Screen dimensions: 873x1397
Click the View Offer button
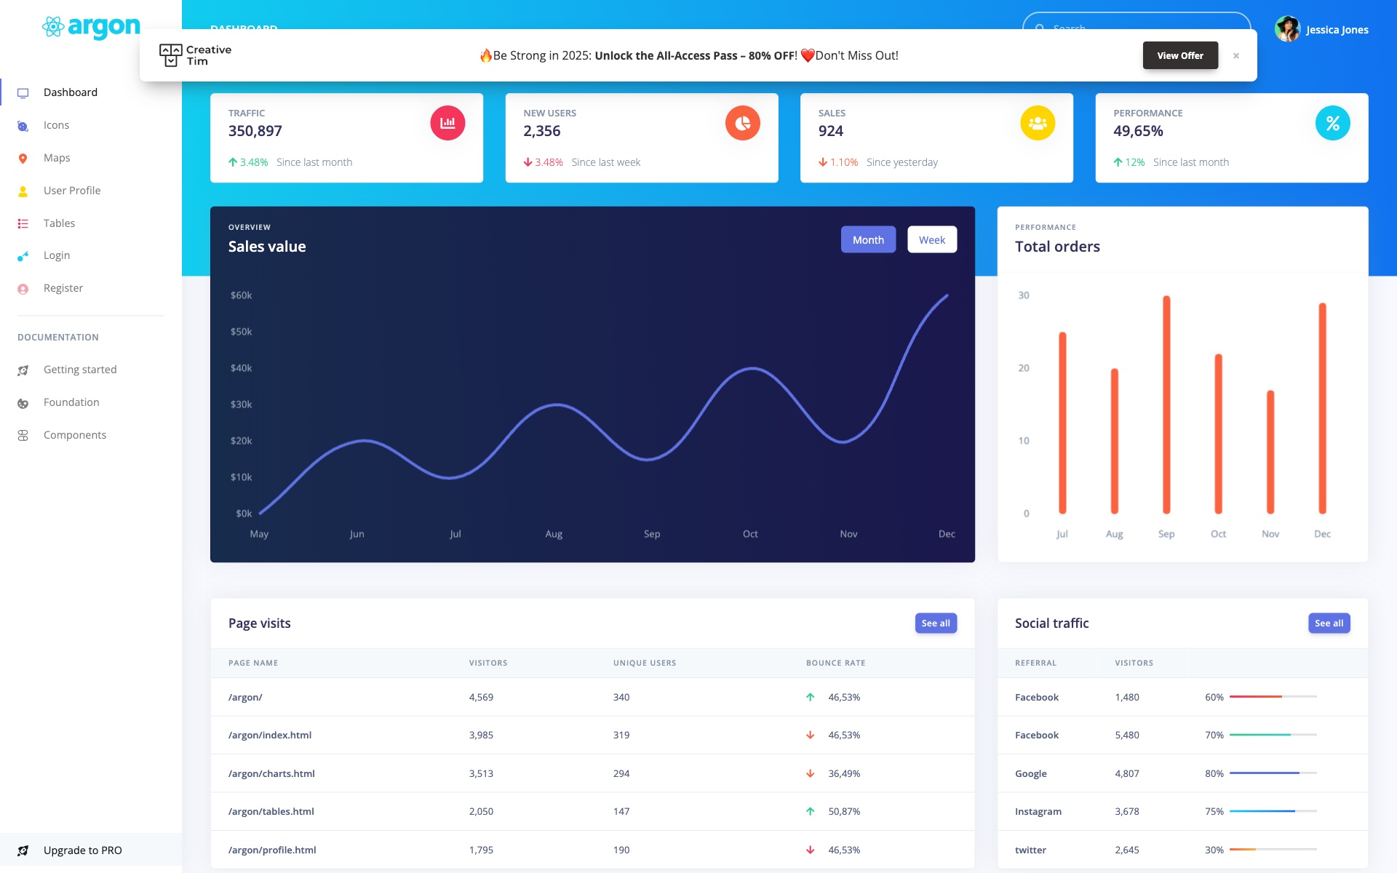click(x=1179, y=55)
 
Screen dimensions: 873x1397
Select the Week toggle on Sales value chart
click(x=931, y=240)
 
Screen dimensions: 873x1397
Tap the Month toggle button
click(x=868, y=240)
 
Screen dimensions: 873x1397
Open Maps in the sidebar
click(x=57, y=158)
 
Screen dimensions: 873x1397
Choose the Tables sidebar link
click(x=59, y=223)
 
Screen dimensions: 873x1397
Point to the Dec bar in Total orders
click(x=1322, y=407)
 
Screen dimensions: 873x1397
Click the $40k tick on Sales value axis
click(x=241, y=368)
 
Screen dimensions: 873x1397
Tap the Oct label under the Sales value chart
click(x=750, y=534)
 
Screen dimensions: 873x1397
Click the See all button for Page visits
click(x=936, y=623)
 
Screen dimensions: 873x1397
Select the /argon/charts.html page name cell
click(x=271, y=773)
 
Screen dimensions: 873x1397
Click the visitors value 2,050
click(x=481, y=811)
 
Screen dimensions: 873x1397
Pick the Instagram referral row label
click(x=1038, y=811)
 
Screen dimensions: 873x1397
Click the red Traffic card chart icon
click(x=447, y=123)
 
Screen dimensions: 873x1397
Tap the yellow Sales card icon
click(x=1038, y=123)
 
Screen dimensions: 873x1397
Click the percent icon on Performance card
click(x=1332, y=123)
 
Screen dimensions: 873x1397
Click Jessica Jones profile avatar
click(x=1287, y=29)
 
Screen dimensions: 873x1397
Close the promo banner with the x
click(x=1235, y=56)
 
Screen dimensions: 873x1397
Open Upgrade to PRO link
click(x=82, y=850)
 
